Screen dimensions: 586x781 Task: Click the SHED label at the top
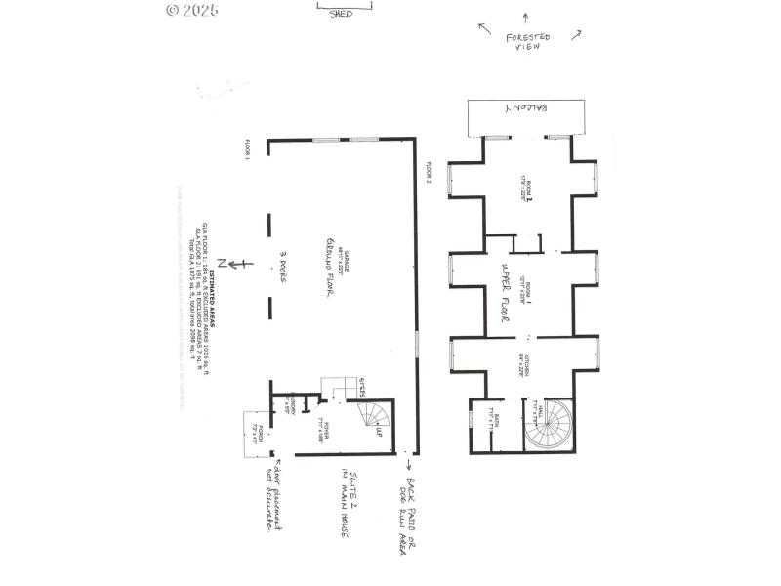(x=339, y=14)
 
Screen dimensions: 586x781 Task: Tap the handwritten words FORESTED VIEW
(x=527, y=41)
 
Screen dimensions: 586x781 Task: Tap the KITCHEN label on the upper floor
(x=524, y=364)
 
